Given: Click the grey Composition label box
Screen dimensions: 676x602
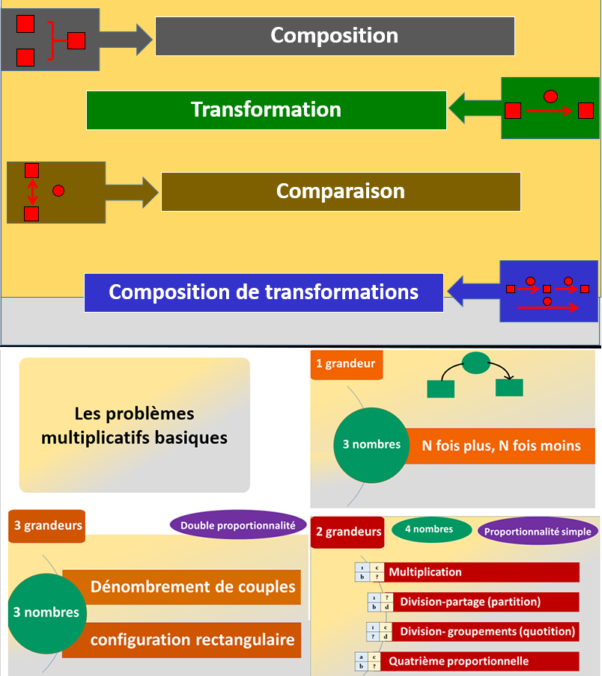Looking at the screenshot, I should (x=335, y=36).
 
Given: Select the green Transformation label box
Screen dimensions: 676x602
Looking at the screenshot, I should (x=266, y=110).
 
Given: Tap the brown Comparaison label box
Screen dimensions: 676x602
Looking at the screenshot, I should (x=341, y=191).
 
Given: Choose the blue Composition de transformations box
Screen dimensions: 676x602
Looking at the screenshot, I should (x=264, y=292).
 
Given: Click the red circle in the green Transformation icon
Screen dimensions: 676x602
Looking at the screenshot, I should (x=550, y=96).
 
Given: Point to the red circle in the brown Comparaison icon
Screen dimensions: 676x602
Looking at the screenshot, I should (x=58, y=191).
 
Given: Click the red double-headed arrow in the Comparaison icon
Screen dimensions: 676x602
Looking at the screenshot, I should (x=31, y=191).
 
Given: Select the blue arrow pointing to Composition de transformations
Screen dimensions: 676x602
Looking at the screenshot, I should (x=472, y=290).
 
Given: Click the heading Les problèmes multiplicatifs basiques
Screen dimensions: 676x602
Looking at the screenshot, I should (x=134, y=425).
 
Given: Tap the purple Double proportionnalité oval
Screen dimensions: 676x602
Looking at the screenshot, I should (x=238, y=526).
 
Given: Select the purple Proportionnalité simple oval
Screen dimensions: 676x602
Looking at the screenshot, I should (x=538, y=532).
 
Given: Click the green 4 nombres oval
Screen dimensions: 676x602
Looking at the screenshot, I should (x=431, y=529).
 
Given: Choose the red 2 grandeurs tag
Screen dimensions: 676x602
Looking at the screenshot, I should (x=347, y=532).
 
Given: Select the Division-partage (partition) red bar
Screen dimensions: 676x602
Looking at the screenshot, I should (x=484, y=602).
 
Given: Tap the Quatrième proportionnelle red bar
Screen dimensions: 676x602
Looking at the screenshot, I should (x=482, y=661).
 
